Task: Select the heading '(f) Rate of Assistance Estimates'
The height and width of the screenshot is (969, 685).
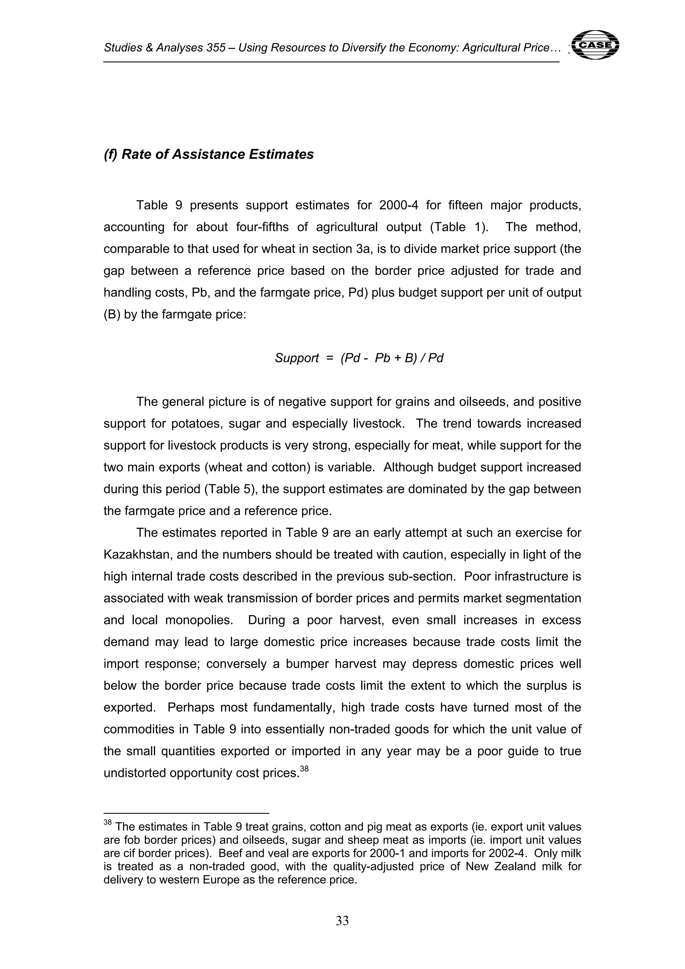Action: pos(208,155)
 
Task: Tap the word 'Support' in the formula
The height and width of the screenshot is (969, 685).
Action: pos(297,358)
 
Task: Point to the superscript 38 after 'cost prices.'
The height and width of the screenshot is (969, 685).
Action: pos(304,769)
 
